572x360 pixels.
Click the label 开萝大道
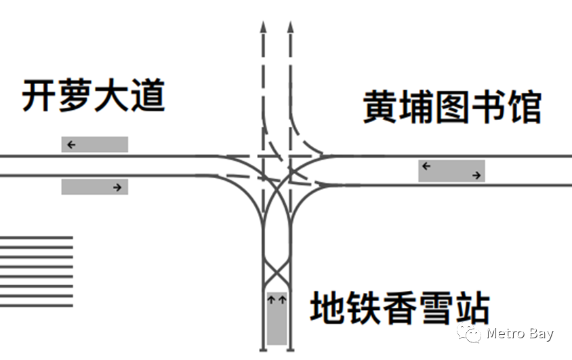tap(94, 96)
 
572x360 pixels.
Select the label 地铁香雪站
tap(400, 308)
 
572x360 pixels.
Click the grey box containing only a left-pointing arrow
tap(95, 144)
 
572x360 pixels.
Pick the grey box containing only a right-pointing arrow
tap(95, 186)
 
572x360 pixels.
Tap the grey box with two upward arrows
tap(277, 318)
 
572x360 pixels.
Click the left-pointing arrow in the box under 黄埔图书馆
tap(426, 165)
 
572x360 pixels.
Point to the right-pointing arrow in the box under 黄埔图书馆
tap(477, 176)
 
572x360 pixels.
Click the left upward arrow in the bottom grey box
tap(271, 298)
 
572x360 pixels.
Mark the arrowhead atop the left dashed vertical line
tap(263, 27)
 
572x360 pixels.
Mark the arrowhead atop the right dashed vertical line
tap(291, 27)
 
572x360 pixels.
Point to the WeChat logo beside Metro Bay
tap(469, 333)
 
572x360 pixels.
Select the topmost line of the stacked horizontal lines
tap(37, 237)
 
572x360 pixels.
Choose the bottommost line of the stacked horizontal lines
tap(37, 305)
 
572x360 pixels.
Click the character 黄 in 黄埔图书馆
tap(380, 108)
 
